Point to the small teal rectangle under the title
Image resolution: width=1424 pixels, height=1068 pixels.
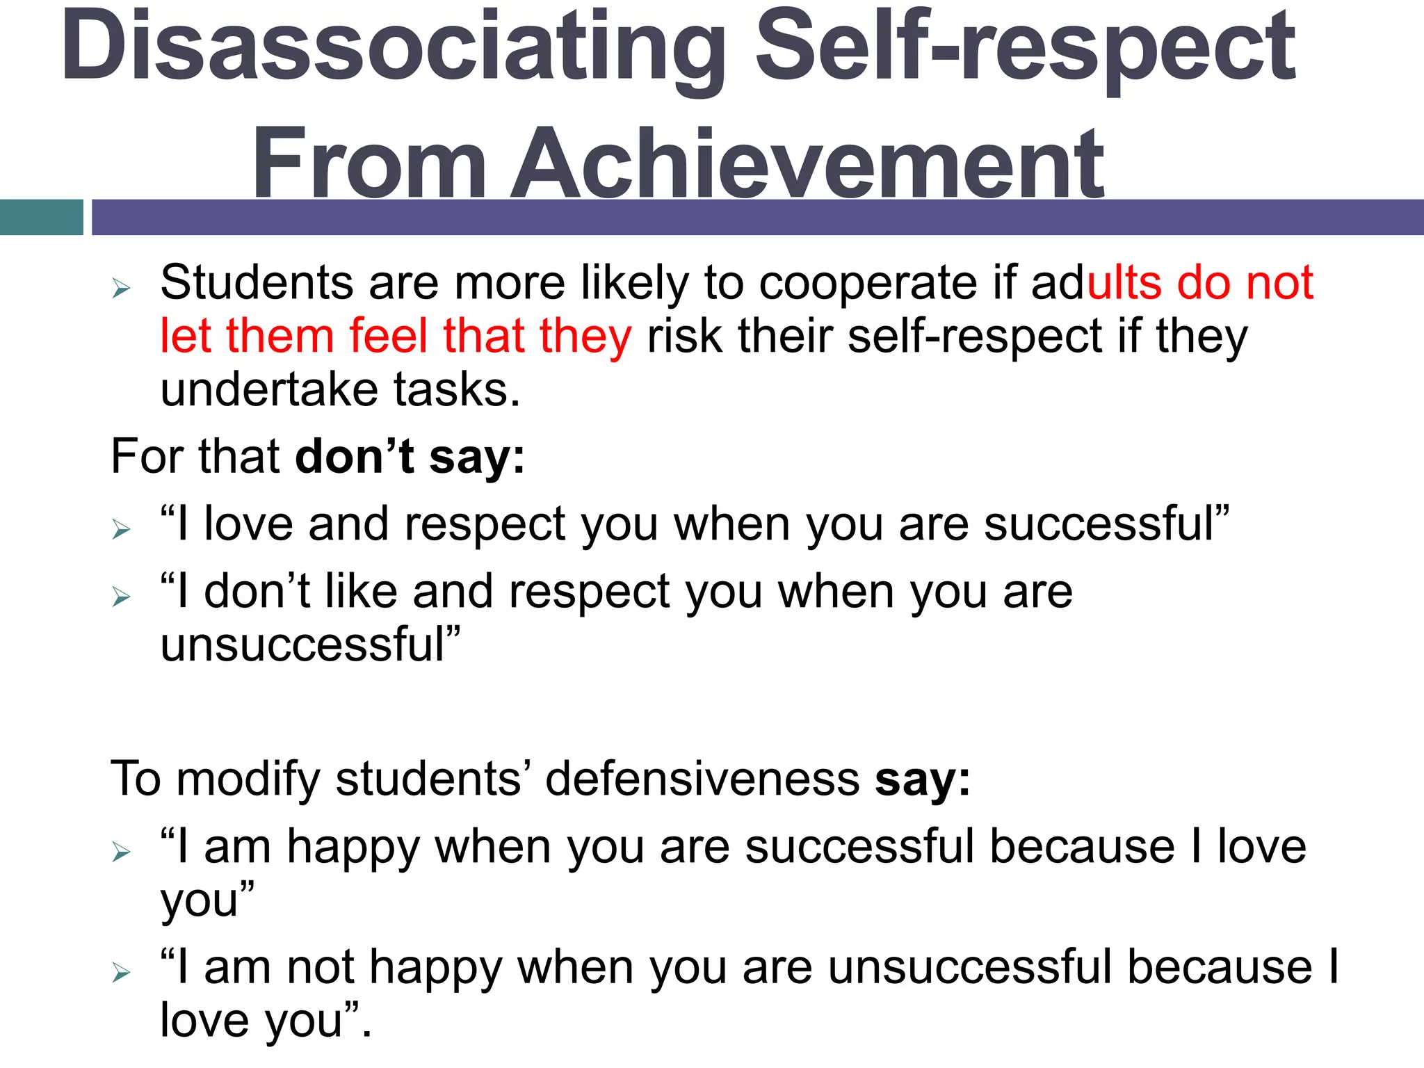[x=42, y=217]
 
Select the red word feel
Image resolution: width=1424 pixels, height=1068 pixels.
[x=388, y=336]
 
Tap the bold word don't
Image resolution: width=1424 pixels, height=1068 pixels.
[x=355, y=457]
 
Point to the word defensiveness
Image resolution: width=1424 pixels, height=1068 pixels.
[x=702, y=779]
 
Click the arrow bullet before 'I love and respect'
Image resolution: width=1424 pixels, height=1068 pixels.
[x=122, y=530]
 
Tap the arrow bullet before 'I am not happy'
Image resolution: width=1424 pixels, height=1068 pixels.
[x=122, y=972]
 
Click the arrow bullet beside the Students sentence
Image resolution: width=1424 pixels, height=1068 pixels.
[x=122, y=288]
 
